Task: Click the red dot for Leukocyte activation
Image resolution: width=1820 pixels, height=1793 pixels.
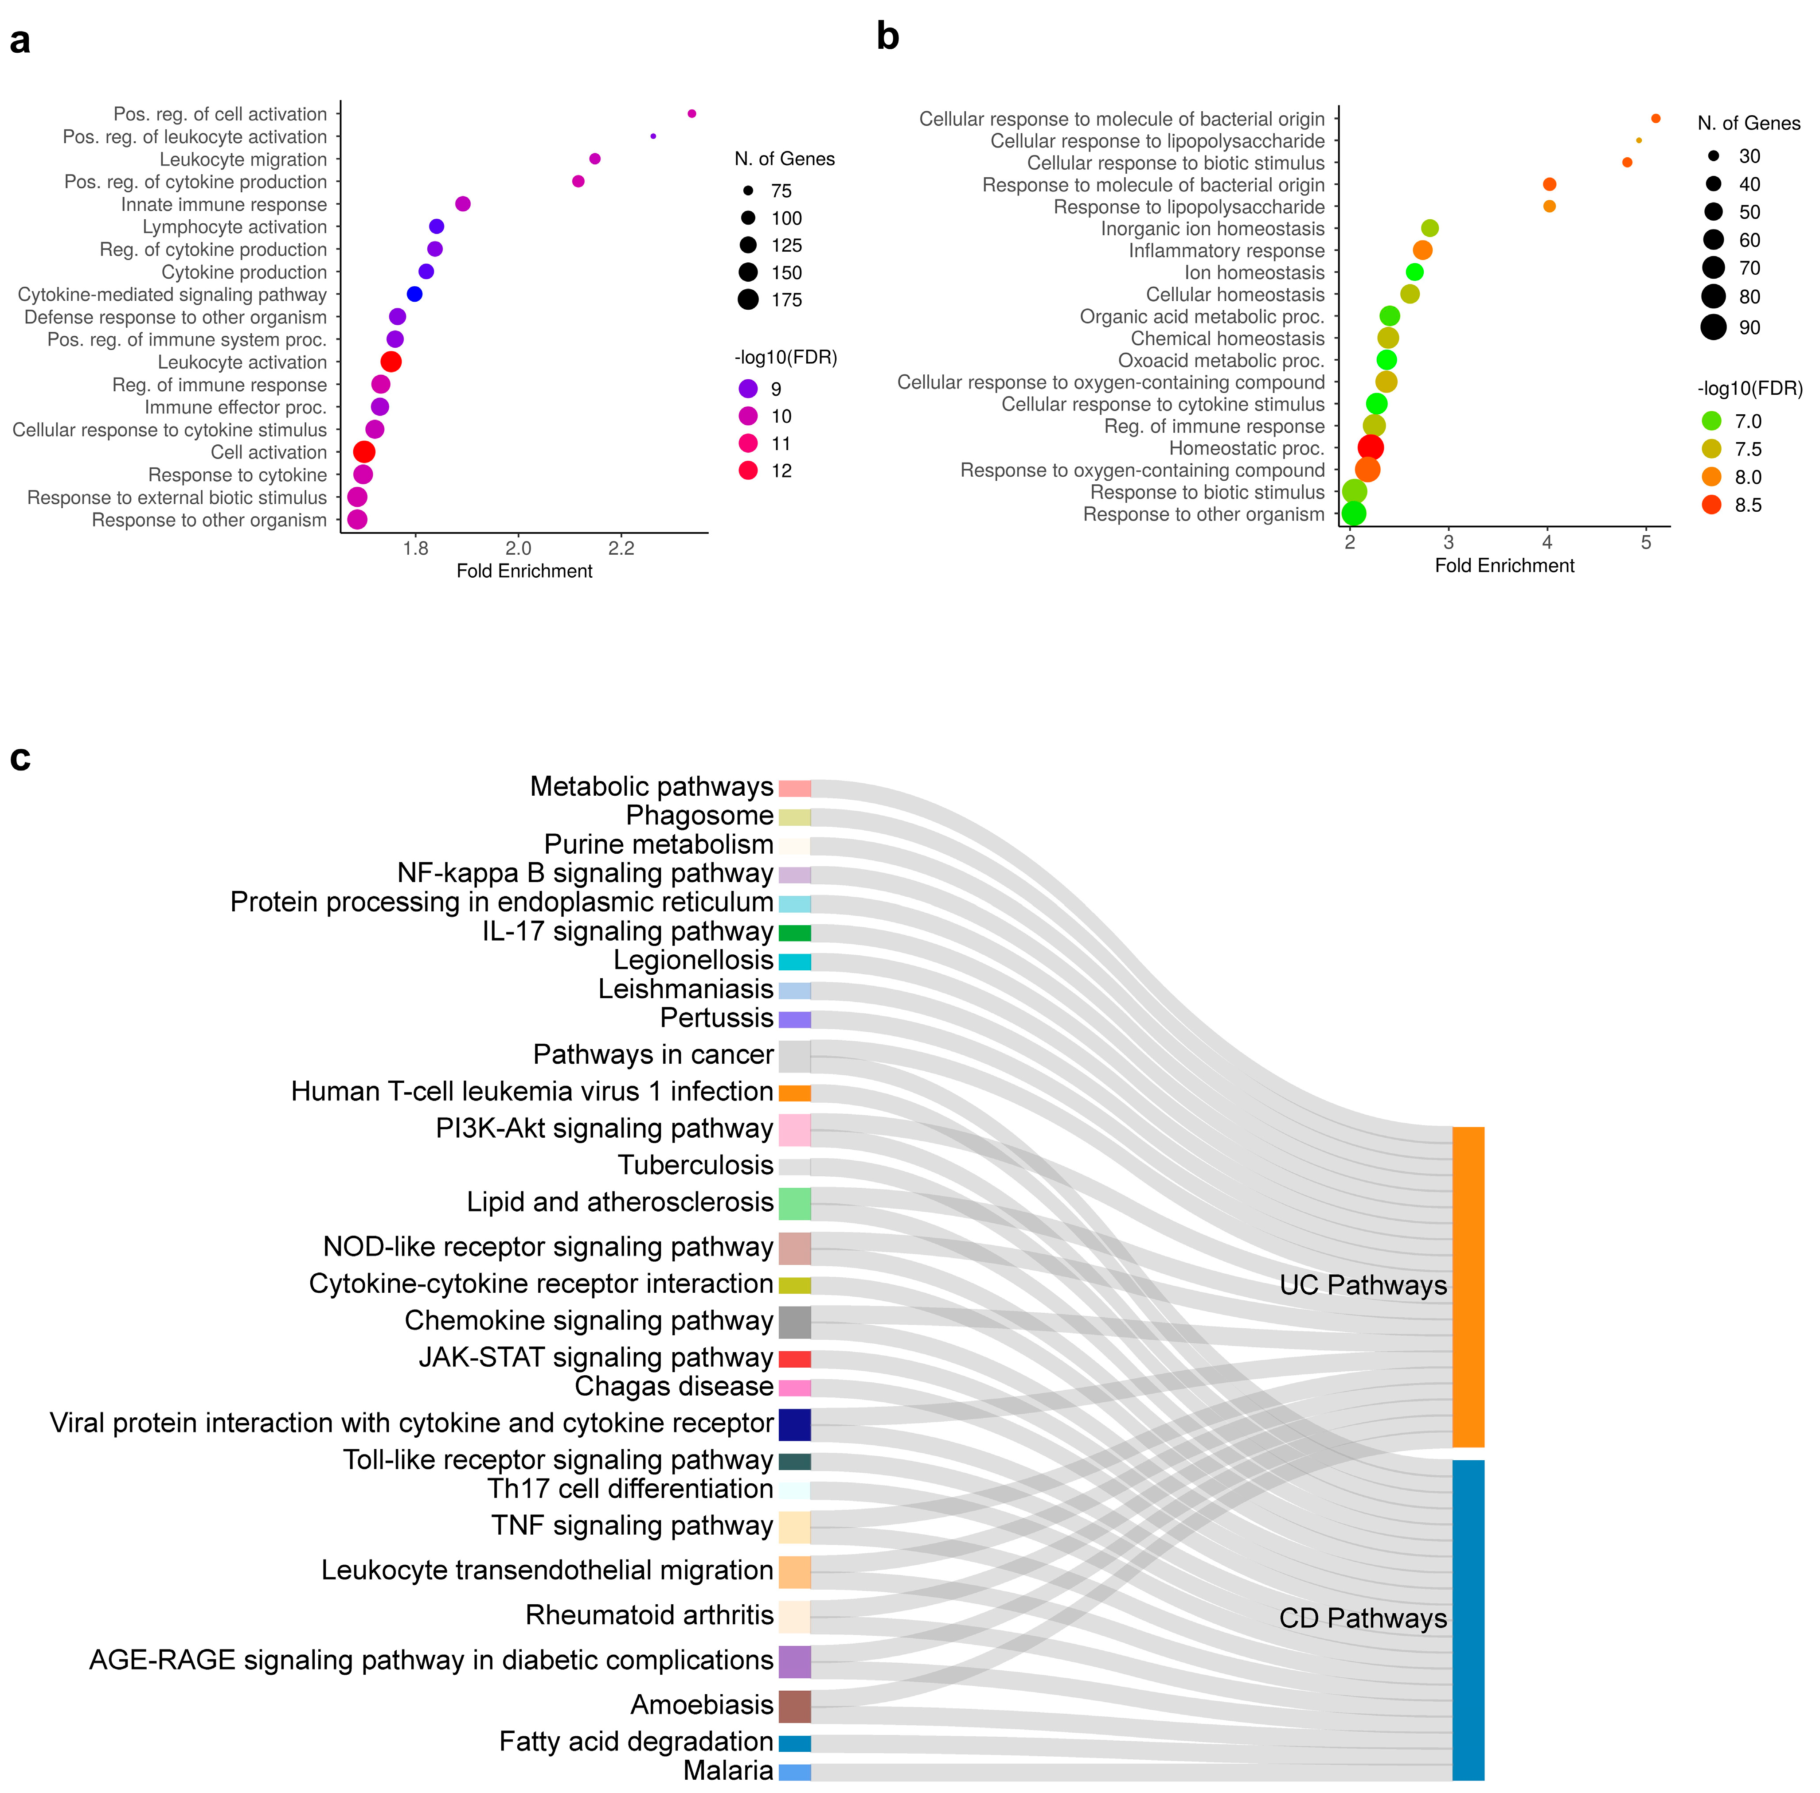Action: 391,362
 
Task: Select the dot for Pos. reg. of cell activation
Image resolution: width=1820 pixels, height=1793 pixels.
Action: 691,114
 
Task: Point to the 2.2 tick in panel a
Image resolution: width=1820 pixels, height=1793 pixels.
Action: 621,548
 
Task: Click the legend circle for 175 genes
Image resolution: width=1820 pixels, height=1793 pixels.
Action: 748,299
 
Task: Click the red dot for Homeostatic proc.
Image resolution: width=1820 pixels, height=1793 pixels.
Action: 1371,447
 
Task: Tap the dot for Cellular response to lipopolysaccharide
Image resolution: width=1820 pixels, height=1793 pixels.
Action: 1639,140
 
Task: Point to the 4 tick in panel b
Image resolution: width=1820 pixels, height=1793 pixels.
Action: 1547,542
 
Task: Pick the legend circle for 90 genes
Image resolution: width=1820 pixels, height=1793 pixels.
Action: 1714,327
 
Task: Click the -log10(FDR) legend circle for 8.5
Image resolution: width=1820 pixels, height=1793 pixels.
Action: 1712,505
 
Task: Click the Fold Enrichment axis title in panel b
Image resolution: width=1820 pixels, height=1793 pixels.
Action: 1504,565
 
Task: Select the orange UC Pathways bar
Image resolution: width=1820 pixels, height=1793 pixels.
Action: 1468,1286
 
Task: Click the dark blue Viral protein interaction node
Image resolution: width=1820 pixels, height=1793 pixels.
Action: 794,1424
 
